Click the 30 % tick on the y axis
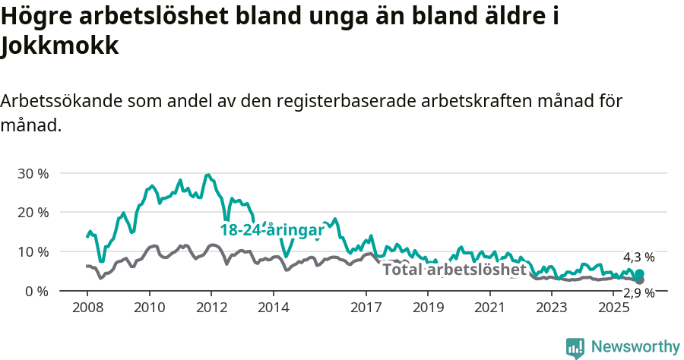pos(33,173)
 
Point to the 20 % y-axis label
pos(33,212)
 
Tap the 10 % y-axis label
pos(33,251)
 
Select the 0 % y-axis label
pos(36,291)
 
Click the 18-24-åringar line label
pos(271,230)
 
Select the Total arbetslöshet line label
pos(454,270)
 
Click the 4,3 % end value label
pos(638,257)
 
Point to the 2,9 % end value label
pos(638,293)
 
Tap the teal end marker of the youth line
pos(639,274)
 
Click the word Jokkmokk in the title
pos(61,46)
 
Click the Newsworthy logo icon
pos(575,347)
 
